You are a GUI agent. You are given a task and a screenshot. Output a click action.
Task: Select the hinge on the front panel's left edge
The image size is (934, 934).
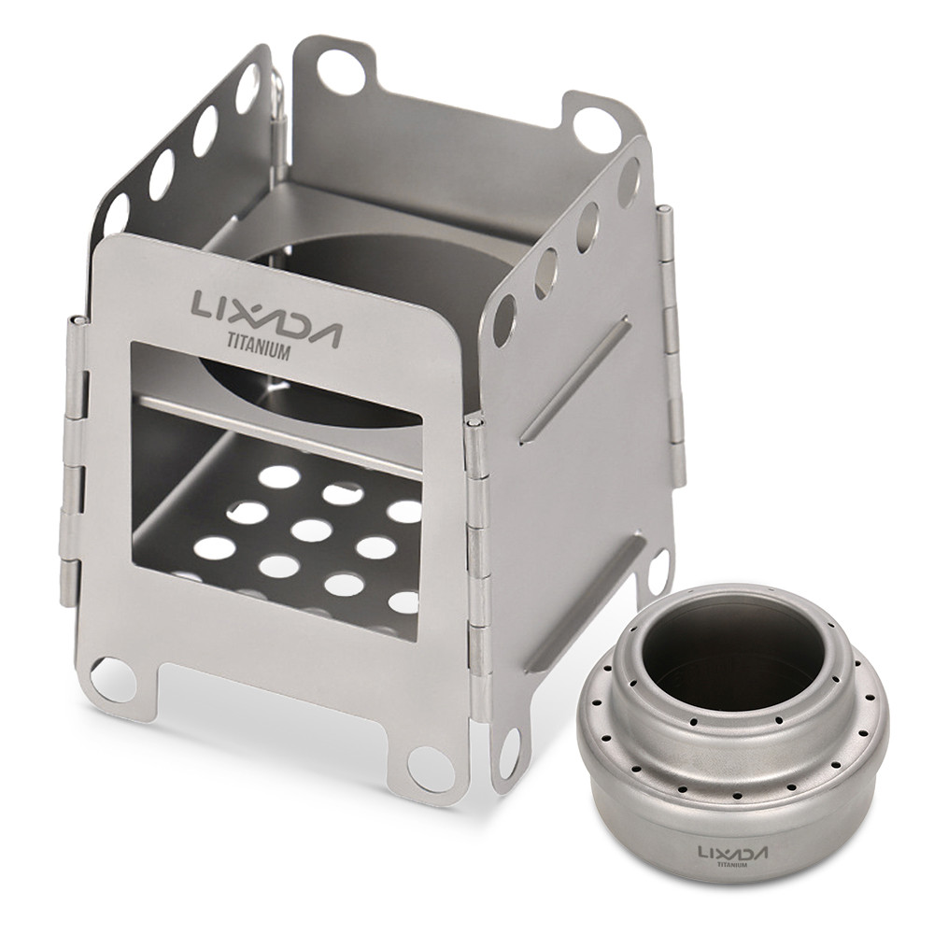tap(73, 458)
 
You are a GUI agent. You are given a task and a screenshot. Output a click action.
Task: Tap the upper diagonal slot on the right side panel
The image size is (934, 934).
tap(573, 378)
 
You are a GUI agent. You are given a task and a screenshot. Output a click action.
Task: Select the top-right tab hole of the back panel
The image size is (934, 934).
tap(595, 129)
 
